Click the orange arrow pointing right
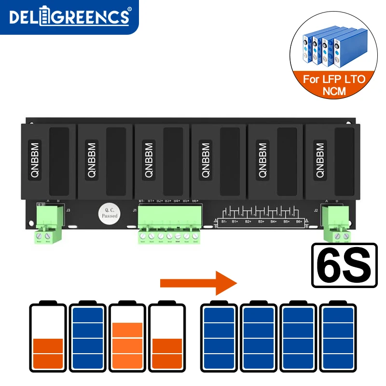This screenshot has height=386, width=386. pyautogui.click(x=198, y=282)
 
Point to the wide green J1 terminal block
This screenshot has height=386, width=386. pyautogui.click(x=169, y=222)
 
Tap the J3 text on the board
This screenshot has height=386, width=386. pyautogui.click(x=68, y=210)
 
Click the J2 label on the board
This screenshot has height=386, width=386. pyautogui.click(x=316, y=210)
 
